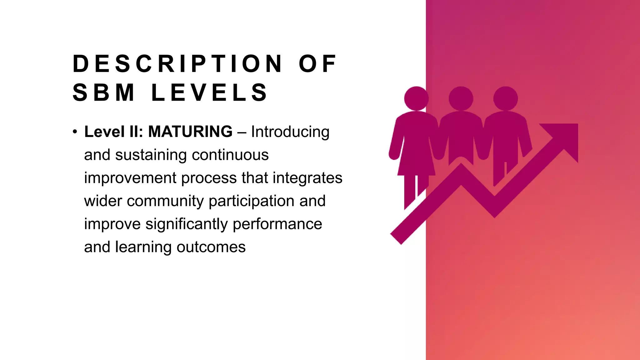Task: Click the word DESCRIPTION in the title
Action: pos(177,64)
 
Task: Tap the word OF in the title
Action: pos(317,64)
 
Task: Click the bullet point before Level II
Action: pos(74,132)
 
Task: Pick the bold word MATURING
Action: pos(190,132)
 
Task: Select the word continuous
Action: pos(230,155)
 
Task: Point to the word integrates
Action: pos(307,178)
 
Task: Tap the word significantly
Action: pos(187,224)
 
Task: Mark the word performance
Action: pos(277,224)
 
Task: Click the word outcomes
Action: pos(211,247)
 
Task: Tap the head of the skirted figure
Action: pos(416,98)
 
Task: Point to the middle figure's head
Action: pos(461,98)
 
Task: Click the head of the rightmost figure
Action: pos(505,98)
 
